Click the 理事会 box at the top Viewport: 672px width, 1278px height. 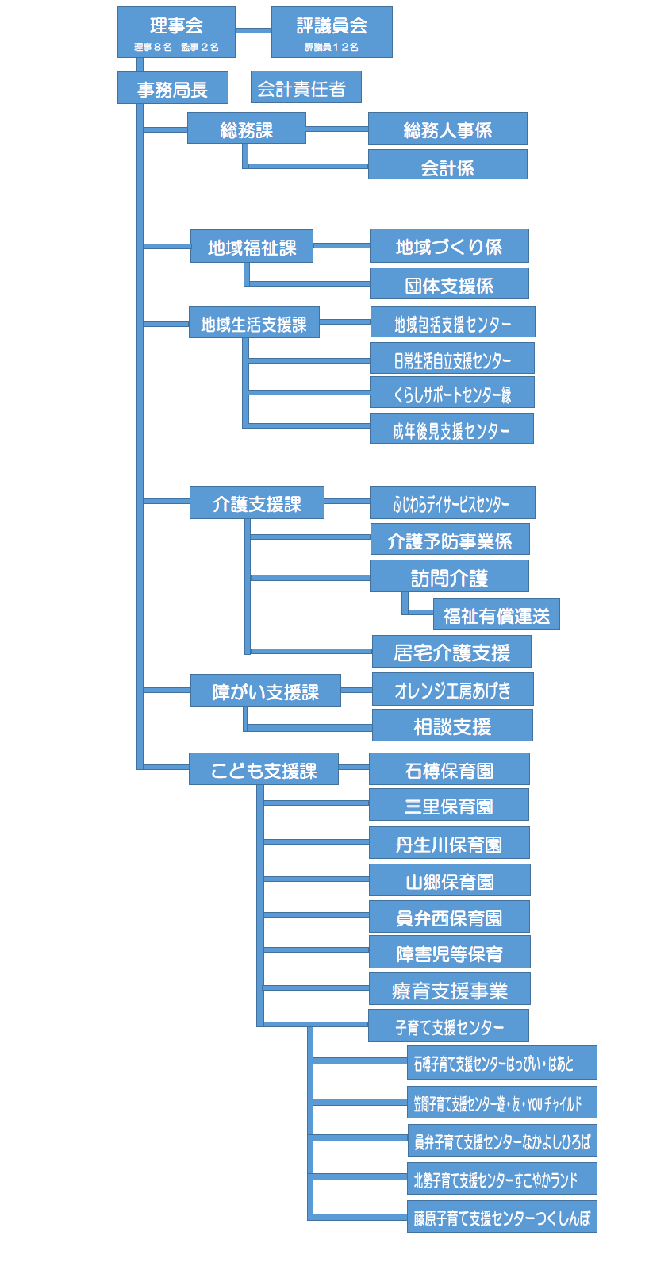point(176,32)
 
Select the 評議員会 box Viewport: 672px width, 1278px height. point(332,32)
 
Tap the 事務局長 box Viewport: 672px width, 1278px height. point(173,87)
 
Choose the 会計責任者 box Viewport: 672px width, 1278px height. point(305,87)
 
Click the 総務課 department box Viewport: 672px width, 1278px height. point(247,128)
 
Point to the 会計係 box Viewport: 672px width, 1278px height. point(447,164)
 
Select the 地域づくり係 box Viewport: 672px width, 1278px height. point(450,246)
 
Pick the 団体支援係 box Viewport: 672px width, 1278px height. point(450,283)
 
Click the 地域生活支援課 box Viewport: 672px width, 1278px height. point(254,322)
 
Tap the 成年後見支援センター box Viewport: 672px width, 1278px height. point(451,429)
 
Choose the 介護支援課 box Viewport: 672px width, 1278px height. point(257,502)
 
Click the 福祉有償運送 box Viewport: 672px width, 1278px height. point(497,614)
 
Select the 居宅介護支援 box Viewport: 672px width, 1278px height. point(451,652)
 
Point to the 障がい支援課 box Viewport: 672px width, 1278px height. point(265,691)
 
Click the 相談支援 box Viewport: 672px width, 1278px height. point(452,726)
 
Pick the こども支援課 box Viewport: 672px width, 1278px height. point(263,769)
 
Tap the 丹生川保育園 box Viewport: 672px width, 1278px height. point(449,843)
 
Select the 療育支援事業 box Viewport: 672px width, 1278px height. point(450,989)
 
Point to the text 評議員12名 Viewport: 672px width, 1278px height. point(332,48)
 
